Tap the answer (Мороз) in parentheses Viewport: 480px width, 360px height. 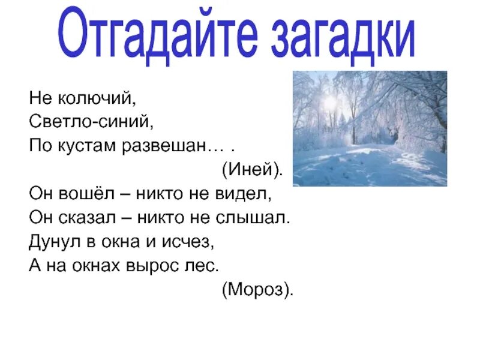(x=258, y=290)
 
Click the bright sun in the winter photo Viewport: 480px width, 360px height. (x=329, y=103)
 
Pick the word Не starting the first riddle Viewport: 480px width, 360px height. (x=37, y=95)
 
